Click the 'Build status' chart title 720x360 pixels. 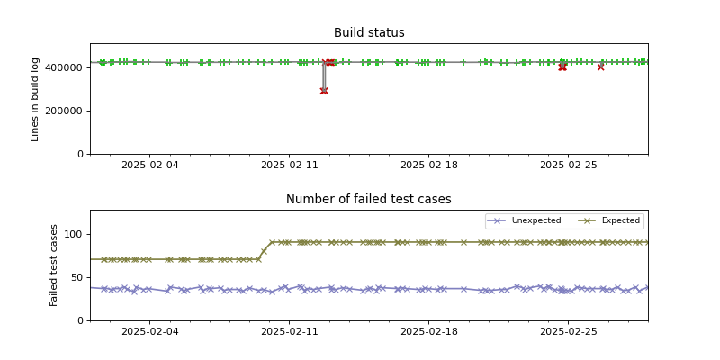[x=369, y=33]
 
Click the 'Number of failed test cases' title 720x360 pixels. [x=369, y=200]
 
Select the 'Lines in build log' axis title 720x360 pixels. [x=36, y=99]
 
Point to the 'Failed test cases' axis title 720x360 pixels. [x=54, y=265]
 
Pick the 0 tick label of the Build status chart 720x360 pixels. [x=80, y=154]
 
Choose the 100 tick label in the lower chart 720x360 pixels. [x=74, y=234]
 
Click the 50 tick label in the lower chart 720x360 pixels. [x=76, y=277]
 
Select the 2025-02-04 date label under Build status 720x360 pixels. [x=149, y=166]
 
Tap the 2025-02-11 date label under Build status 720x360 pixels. [x=289, y=166]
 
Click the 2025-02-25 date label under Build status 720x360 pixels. [x=568, y=166]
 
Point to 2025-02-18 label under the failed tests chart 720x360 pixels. [x=428, y=332]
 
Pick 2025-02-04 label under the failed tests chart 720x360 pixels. [x=149, y=332]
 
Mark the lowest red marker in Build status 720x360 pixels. [x=324, y=91]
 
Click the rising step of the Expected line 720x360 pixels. [x=265, y=250]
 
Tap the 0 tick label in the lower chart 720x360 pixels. [x=80, y=320]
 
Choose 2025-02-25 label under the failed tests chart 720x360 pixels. [x=568, y=332]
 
